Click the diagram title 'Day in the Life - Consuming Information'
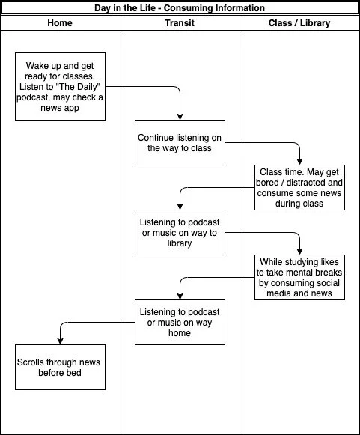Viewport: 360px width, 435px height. point(180,8)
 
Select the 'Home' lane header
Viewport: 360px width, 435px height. point(60,23)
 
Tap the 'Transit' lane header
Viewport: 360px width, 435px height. point(180,23)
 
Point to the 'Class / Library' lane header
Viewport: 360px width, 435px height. point(299,23)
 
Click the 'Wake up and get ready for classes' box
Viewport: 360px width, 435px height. point(60,87)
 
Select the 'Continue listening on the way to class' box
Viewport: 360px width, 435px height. point(180,142)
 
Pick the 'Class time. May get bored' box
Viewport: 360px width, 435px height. point(299,187)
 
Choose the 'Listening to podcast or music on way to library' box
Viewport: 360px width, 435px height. point(180,233)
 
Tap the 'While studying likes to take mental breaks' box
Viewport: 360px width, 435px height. point(299,278)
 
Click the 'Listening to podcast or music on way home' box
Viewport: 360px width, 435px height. point(180,323)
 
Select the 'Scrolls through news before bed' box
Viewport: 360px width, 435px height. point(60,368)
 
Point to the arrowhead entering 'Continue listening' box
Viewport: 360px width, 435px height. point(180,117)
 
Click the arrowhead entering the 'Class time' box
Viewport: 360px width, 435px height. point(299,162)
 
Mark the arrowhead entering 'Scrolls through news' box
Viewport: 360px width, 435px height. point(60,341)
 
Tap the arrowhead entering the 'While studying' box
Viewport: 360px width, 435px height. point(299,252)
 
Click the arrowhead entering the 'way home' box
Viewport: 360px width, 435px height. point(180,296)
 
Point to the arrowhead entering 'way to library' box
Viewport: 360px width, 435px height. point(180,207)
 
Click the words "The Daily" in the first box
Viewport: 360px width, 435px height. point(78,87)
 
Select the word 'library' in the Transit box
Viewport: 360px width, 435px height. point(180,243)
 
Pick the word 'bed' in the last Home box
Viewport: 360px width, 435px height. point(73,373)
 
